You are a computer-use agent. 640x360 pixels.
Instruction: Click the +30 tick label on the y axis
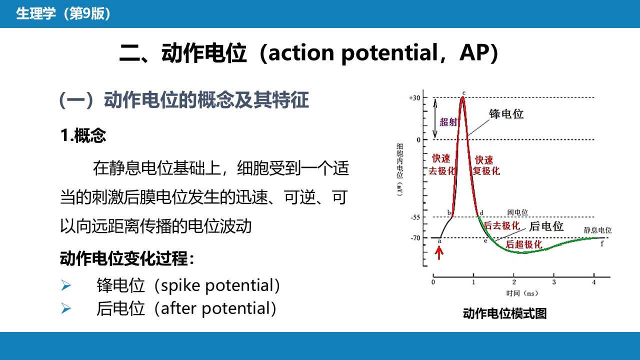(x=414, y=98)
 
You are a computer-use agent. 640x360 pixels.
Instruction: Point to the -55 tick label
(x=415, y=217)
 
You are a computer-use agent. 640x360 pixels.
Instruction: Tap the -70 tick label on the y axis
(x=415, y=238)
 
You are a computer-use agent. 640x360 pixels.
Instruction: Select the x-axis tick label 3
(x=554, y=282)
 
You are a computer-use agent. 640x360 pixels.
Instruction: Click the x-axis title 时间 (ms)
(x=522, y=293)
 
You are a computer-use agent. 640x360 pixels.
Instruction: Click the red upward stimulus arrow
(x=439, y=253)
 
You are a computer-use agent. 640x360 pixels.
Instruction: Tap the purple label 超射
(x=448, y=122)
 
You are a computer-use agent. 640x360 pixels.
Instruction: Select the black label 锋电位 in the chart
(x=506, y=113)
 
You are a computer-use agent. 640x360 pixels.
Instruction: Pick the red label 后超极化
(x=523, y=244)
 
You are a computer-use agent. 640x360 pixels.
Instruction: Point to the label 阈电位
(x=517, y=212)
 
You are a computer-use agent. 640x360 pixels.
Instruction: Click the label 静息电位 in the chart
(x=597, y=230)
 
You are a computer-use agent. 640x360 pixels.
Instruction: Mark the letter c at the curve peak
(x=464, y=93)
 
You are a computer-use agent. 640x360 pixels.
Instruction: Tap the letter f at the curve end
(x=602, y=243)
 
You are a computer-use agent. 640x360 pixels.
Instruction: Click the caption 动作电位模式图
(x=505, y=313)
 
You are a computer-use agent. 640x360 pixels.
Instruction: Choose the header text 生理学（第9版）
(x=63, y=13)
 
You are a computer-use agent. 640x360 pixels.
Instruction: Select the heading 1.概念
(x=83, y=135)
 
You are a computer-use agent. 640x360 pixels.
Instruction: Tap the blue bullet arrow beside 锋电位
(x=66, y=285)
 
